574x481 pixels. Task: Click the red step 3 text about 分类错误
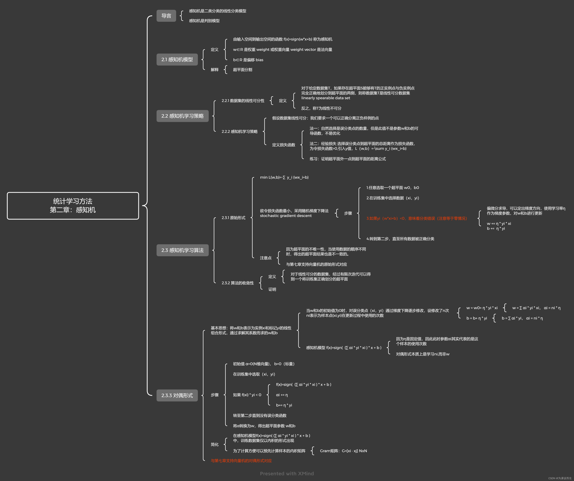(x=417, y=218)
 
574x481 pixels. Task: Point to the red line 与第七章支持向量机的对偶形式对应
(x=241, y=461)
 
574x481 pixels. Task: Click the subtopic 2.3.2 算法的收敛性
(x=238, y=283)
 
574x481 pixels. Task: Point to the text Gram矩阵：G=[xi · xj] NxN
(x=343, y=451)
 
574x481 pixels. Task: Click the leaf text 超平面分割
(x=242, y=70)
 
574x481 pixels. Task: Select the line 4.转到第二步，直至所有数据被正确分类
(x=400, y=239)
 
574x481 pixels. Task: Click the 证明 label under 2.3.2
(x=272, y=289)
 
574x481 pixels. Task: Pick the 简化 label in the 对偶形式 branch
(x=215, y=445)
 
